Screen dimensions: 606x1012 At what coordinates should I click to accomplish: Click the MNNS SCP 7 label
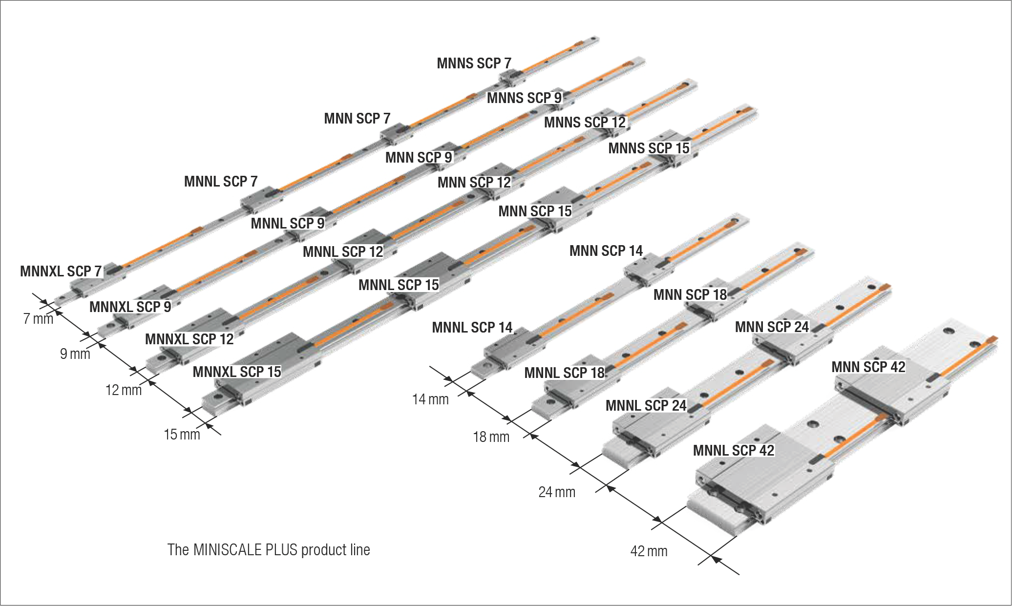(474, 63)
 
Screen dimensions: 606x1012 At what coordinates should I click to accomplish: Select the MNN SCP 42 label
(868, 367)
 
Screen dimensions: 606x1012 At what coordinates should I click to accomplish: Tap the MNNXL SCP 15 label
(237, 372)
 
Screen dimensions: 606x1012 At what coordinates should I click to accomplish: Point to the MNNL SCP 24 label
(646, 406)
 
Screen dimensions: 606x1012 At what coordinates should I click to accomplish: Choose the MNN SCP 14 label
(606, 251)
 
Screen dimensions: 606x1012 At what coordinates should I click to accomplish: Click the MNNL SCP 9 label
(288, 224)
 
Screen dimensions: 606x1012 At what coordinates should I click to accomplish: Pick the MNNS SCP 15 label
(649, 148)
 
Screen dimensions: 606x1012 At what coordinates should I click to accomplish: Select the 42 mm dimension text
(649, 552)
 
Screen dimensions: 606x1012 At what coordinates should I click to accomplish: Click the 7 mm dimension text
(38, 319)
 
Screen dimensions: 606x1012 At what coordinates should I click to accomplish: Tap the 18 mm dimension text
(491, 437)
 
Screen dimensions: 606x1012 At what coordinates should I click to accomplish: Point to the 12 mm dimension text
(124, 390)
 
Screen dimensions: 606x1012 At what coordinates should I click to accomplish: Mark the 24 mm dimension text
(557, 492)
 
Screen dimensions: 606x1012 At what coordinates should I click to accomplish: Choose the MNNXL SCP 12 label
(190, 339)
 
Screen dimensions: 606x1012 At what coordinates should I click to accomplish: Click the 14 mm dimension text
(430, 399)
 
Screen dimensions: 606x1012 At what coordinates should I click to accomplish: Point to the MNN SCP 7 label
(357, 119)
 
